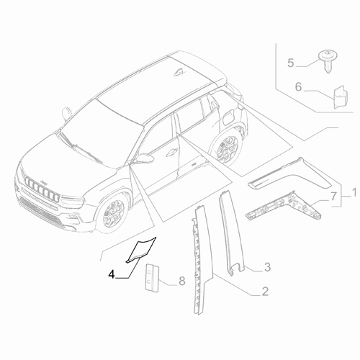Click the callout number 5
tap(292, 63)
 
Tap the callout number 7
tap(333, 196)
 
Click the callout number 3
tap(266, 269)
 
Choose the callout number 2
tap(265, 292)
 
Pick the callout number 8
tap(182, 281)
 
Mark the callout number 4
tap(111, 273)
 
